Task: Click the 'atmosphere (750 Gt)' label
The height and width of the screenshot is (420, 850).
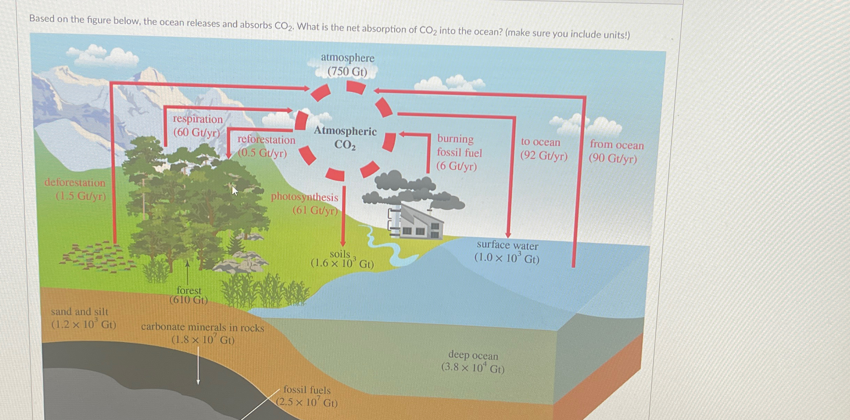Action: tap(347, 65)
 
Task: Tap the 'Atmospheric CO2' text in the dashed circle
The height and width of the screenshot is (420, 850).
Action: tap(345, 138)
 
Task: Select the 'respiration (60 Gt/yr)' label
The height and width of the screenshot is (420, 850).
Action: tap(197, 125)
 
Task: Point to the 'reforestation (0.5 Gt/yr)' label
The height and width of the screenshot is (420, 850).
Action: tap(266, 146)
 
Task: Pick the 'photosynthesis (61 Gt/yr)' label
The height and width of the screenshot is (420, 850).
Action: tap(304, 203)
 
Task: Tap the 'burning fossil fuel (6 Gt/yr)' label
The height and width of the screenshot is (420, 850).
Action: tap(459, 152)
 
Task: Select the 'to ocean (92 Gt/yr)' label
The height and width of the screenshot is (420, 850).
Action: tap(543, 149)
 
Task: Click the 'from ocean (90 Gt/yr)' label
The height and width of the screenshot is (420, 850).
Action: tap(616, 151)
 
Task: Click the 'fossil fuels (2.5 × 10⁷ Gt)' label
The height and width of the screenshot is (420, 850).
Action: tap(307, 396)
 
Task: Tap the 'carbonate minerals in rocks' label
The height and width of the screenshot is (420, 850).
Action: tap(203, 333)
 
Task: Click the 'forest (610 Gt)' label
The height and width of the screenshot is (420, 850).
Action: tap(189, 295)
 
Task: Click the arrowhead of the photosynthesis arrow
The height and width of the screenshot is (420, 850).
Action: tap(343, 243)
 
